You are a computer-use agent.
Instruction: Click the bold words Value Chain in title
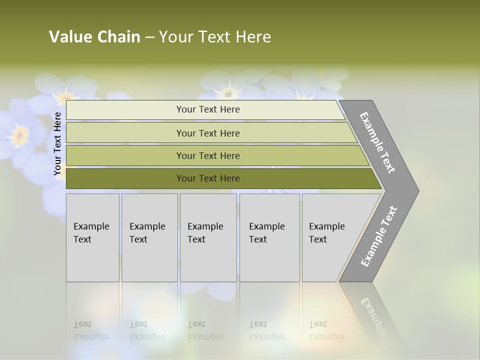click(94, 37)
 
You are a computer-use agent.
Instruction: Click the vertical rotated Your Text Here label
click(57, 143)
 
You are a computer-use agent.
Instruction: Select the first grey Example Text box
click(92, 237)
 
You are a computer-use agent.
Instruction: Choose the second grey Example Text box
click(149, 237)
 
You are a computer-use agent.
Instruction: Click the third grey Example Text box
click(207, 237)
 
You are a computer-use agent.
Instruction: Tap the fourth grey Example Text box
click(269, 237)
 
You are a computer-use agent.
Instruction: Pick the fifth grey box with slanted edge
click(330, 237)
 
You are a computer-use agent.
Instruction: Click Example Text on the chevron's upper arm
click(377, 142)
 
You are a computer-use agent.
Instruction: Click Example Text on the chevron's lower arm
click(378, 236)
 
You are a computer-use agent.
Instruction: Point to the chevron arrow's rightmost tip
click(418, 190)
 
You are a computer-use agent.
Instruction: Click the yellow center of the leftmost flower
click(20, 134)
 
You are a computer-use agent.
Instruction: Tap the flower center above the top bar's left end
click(65, 96)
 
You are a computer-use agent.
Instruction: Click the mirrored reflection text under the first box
click(91, 330)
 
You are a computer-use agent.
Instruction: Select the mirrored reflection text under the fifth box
click(326, 330)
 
